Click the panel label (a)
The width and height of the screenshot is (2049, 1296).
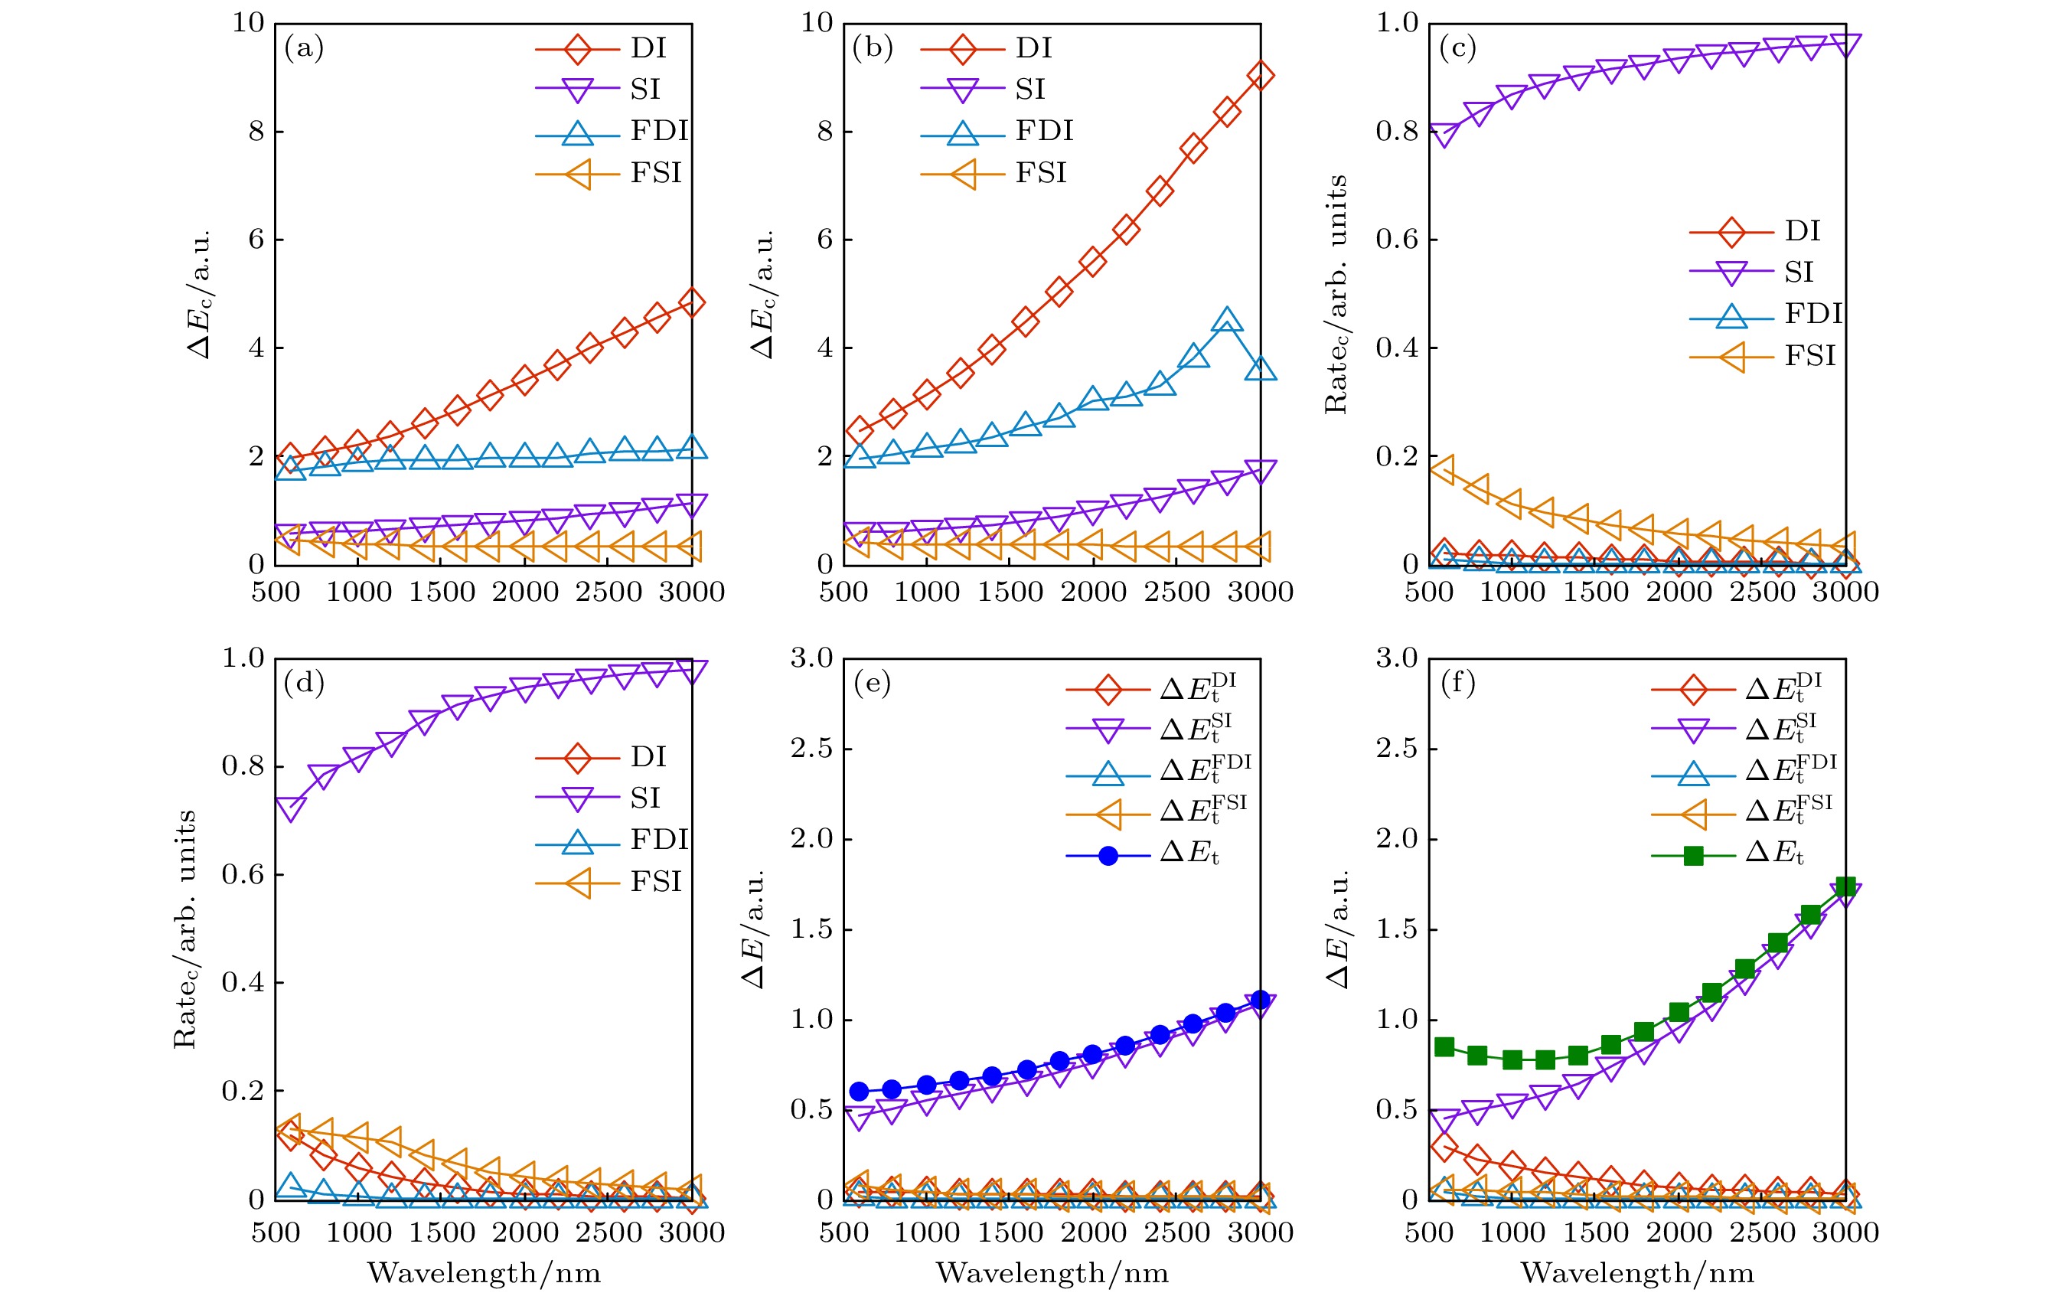(x=304, y=48)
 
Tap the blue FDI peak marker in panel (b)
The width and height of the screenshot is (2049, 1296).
(x=1226, y=321)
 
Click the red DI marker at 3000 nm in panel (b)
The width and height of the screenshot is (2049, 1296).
(x=1259, y=76)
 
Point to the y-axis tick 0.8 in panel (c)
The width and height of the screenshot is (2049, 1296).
(x=1396, y=131)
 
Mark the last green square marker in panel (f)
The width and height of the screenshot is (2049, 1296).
(x=1845, y=886)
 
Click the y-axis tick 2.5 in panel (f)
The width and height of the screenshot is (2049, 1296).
(x=1396, y=749)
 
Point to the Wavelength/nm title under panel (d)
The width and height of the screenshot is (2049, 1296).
(x=483, y=1273)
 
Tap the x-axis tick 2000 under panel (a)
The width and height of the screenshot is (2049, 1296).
(x=524, y=592)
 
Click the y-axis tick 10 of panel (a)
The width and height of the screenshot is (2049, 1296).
(x=249, y=23)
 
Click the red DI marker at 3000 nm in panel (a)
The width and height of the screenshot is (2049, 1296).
(x=692, y=302)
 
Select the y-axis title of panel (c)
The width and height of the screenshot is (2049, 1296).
(x=1336, y=294)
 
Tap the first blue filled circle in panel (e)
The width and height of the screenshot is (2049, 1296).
(x=859, y=1091)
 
